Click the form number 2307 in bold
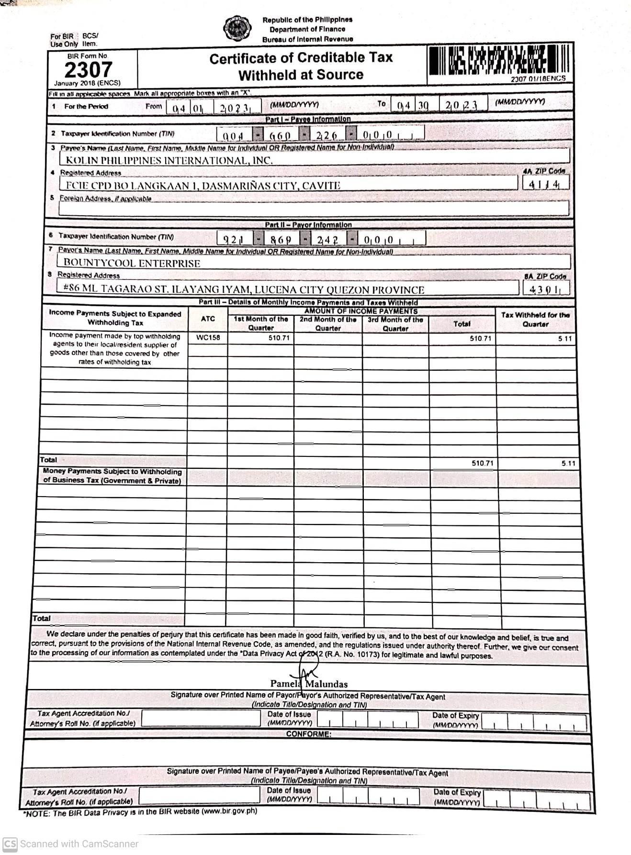pyautogui.click(x=88, y=70)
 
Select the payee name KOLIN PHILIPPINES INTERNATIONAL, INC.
pyautogui.click(x=169, y=160)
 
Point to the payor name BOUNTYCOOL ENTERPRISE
pyautogui.click(x=132, y=263)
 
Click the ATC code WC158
pyautogui.click(x=208, y=337)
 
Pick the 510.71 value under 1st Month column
pyautogui.click(x=279, y=338)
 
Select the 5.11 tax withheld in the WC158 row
pyautogui.click(x=564, y=339)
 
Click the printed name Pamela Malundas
pyautogui.click(x=309, y=684)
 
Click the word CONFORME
pyautogui.click(x=308, y=734)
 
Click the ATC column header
pyautogui.click(x=208, y=319)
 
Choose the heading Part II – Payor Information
pyautogui.click(x=308, y=224)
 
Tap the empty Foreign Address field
pyautogui.click(x=314, y=208)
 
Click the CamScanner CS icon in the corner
pyautogui.click(x=10, y=844)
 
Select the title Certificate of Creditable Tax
pyautogui.click(x=301, y=58)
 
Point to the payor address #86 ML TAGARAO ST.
pyautogui.click(x=243, y=289)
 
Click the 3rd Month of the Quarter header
pyautogui.click(x=395, y=323)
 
